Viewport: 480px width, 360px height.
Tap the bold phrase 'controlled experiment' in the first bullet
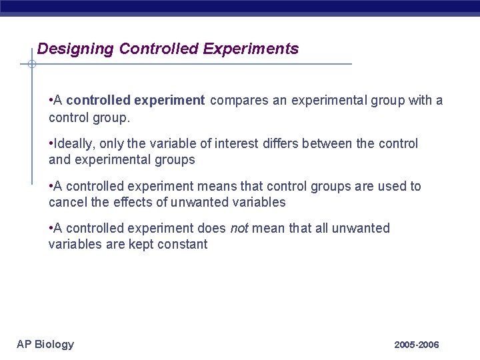(135, 101)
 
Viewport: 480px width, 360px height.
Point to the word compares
(239, 101)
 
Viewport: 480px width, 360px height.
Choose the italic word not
(239, 229)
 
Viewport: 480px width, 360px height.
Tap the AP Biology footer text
(45, 344)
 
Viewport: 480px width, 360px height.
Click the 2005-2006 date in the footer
(416, 345)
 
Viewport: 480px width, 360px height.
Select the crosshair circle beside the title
(31, 65)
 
